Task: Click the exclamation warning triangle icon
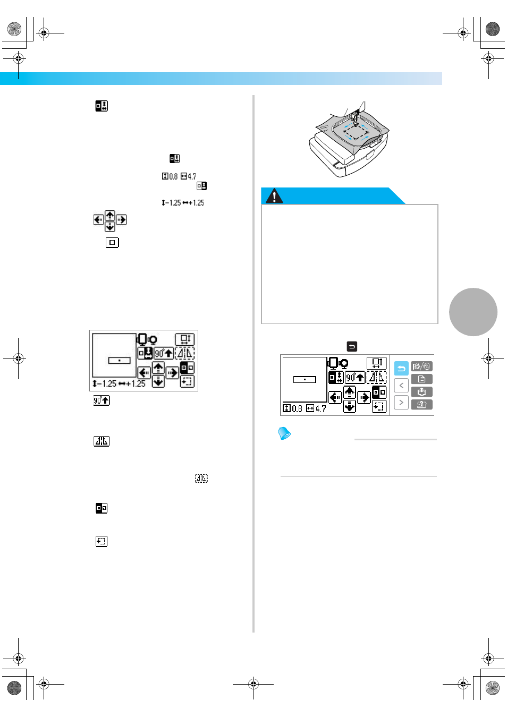tap(274, 196)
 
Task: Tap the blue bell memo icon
tap(284, 433)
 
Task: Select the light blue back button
tap(401, 368)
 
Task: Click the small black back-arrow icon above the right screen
tap(352, 346)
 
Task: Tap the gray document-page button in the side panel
tap(421, 379)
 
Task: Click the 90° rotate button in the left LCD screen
tap(164, 353)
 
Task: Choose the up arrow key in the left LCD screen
tap(158, 368)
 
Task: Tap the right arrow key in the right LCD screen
tap(364, 398)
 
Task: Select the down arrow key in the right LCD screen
tap(349, 406)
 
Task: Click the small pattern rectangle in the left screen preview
tap(120, 361)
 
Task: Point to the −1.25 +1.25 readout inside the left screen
tap(119, 383)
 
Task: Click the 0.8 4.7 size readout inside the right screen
tap(305, 408)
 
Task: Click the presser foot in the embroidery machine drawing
tap(355, 117)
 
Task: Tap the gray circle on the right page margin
tap(473, 312)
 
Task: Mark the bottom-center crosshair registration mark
tap(253, 685)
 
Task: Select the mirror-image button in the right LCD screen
tap(376, 378)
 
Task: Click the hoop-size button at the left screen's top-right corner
tap(185, 339)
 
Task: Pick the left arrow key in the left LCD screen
tap(144, 373)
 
